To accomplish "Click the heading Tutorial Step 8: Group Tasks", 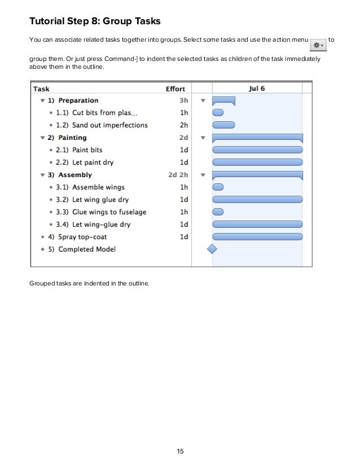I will click(95, 22).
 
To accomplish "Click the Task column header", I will click(41, 89).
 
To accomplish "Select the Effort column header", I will click(175, 89).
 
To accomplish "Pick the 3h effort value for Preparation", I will click(183, 100).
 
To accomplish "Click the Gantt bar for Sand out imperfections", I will click(223, 125).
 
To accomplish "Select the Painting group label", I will click(72, 138).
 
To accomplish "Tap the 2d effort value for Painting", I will click(183, 138).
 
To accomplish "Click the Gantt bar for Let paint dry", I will click(257, 162).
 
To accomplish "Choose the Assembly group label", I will click(75, 175).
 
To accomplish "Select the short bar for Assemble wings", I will click(218, 187).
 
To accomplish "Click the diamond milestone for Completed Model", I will click(212, 249).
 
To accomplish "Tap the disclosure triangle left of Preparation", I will click(41, 100).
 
